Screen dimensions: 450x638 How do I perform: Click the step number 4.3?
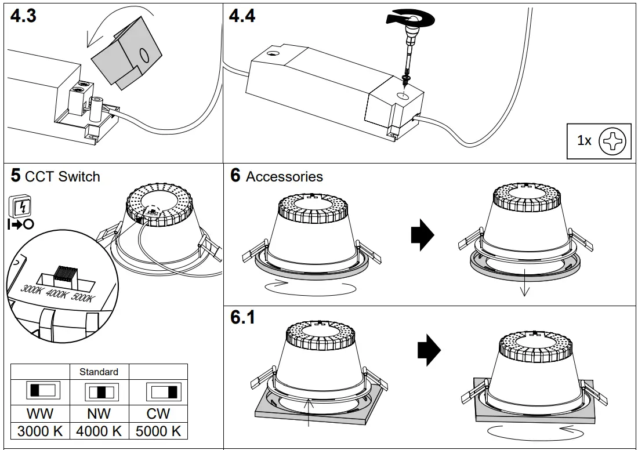24,16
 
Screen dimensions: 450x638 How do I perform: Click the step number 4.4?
242,16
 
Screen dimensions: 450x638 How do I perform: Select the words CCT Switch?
63,177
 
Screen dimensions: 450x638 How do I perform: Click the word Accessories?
284,177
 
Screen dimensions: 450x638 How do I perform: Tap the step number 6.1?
242,318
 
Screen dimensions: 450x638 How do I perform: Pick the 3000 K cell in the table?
40,431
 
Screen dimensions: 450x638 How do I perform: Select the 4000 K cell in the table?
99,431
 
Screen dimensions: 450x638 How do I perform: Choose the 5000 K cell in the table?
158,431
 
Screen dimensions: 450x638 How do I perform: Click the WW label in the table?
40,414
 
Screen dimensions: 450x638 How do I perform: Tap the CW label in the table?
158,414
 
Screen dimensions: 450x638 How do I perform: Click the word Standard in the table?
99,372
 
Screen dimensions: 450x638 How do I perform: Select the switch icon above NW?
99,393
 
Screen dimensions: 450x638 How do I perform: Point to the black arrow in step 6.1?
429,350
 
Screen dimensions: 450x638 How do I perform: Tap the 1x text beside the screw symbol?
584,141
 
